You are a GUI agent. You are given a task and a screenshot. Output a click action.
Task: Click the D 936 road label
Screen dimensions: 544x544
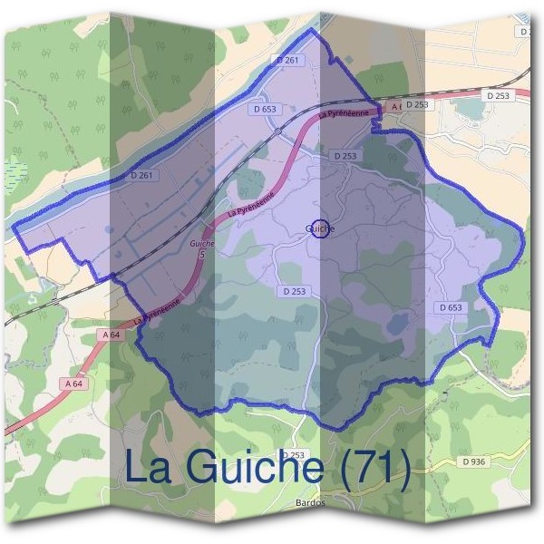tap(473, 462)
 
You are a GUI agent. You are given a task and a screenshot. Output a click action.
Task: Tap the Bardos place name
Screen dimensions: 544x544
tap(310, 502)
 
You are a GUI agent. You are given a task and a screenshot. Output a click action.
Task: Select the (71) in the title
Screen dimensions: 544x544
tap(373, 468)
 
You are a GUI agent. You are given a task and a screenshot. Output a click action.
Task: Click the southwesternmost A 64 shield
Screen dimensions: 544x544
tap(75, 384)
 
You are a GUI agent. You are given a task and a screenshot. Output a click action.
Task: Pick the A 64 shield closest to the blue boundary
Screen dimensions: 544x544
tap(112, 335)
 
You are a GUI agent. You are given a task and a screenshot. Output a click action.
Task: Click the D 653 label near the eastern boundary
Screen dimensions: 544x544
tap(451, 308)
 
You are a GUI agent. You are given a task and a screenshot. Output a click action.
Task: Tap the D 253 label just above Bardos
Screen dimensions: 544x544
tap(294, 455)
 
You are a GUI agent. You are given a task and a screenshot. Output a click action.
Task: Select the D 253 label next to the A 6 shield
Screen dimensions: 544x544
tap(416, 105)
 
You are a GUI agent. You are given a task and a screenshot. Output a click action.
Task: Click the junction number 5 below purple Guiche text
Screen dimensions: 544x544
tap(202, 255)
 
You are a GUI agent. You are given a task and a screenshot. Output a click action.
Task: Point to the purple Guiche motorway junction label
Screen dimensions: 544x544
tap(202, 244)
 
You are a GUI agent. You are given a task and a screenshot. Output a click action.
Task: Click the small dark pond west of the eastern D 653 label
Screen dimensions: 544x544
tap(399, 322)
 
